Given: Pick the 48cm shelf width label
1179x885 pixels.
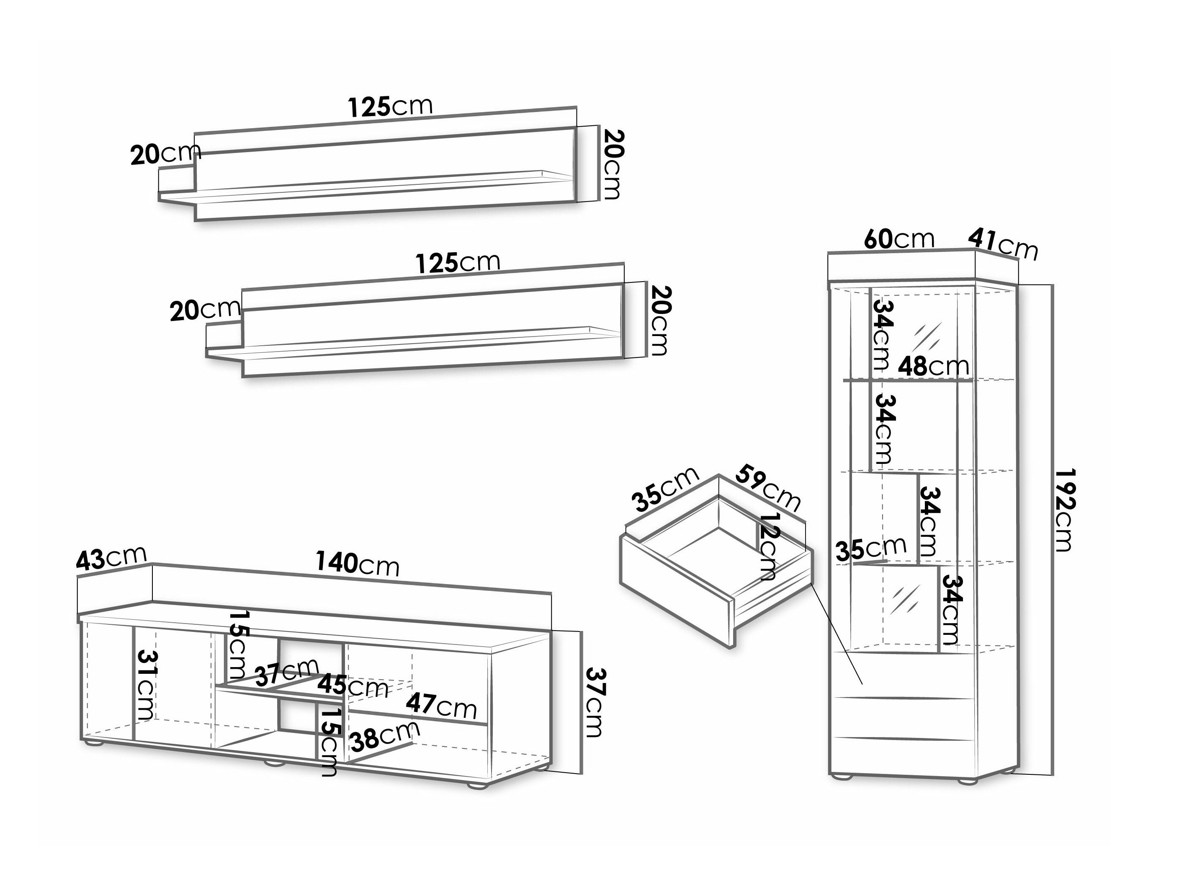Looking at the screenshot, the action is click(x=933, y=366).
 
